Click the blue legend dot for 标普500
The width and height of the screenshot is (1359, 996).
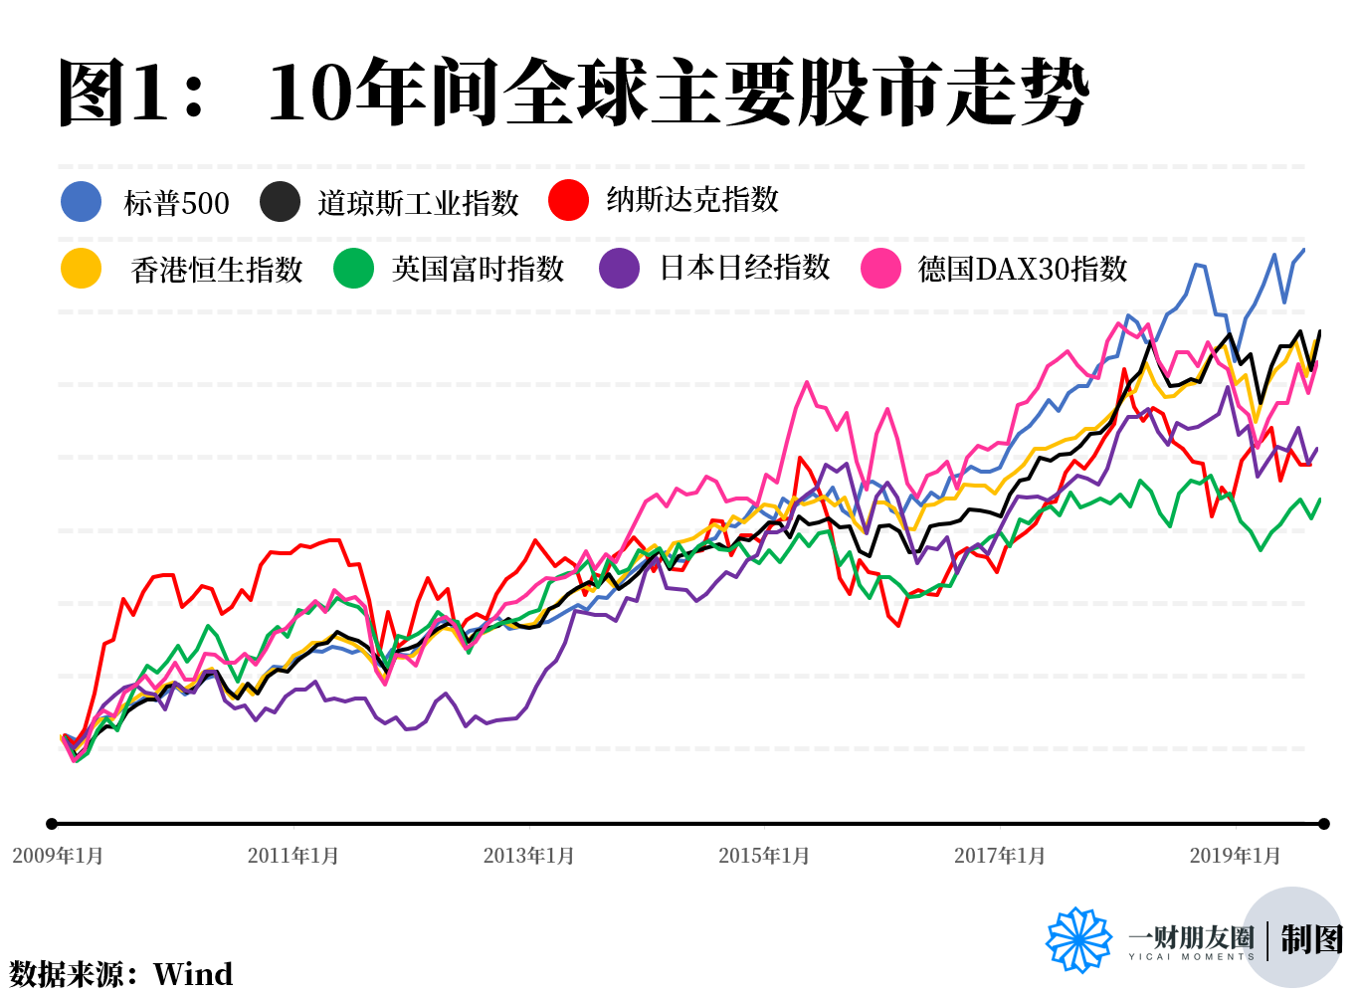[x=81, y=202]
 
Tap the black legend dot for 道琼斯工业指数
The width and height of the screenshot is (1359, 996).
[x=280, y=202]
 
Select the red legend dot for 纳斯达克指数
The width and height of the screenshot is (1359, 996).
[x=568, y=200]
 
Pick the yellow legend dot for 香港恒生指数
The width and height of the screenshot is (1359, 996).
[x=81, y=269]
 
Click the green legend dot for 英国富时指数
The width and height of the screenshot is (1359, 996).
[x=353, y=269]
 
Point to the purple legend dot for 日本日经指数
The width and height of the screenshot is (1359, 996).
[x=620, y=268]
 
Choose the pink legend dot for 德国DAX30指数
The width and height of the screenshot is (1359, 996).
[x=880, y=269]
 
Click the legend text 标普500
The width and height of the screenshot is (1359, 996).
[x=176, y=203]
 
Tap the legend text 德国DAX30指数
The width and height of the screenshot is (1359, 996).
[x=1023, y=269]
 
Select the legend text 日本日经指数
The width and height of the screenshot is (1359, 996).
[x=745, y=268]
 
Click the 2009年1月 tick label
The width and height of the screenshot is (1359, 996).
[x=58, y=856]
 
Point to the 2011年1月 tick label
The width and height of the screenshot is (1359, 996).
[x=293, y=856]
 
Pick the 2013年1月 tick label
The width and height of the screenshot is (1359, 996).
[x=529, y=856]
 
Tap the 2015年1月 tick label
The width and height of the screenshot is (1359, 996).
[x=764, y=856]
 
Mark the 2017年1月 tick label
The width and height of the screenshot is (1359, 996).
[x=1000, y=856]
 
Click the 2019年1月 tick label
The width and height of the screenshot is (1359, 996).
[x=1236, y=856]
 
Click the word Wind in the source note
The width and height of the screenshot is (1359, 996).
[x=193, y=973]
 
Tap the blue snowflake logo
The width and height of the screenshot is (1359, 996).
[x=1078, y=939]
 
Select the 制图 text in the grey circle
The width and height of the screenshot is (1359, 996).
[x=1311, y=939]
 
